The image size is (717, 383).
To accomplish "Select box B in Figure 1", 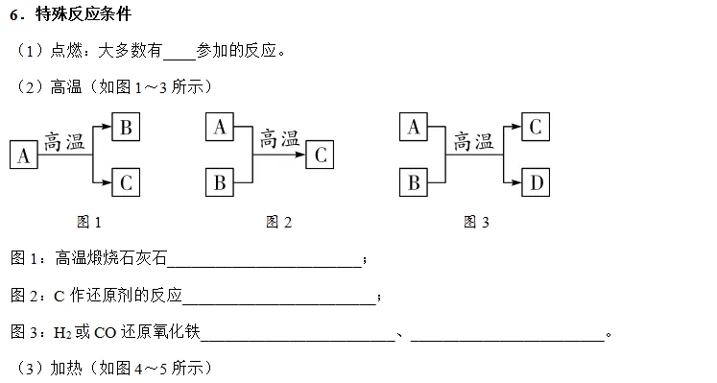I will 127,126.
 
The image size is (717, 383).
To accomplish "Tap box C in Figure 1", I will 127,180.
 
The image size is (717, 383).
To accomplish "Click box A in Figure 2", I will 220,127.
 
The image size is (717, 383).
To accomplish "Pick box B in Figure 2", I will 220,180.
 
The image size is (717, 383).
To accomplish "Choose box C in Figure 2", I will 322,155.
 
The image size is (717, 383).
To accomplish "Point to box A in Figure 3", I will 413,127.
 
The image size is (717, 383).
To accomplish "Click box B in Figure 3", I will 413,180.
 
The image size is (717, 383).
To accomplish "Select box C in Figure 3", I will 536,126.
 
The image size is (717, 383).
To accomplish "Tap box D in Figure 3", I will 536,180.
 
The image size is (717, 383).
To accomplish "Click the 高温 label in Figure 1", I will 64,140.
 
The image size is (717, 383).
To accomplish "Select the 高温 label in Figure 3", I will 474,140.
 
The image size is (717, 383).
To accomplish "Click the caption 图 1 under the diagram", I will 89,222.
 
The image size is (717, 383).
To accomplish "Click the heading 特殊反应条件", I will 84,15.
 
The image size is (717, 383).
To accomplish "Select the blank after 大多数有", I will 179,50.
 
